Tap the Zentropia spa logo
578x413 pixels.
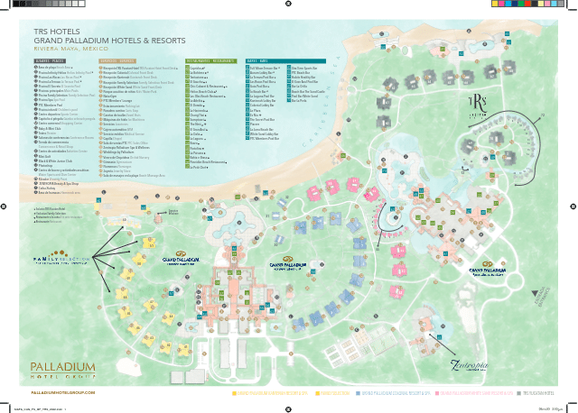click(x=471, y=367)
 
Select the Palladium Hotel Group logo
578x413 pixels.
click(x=61, y=370)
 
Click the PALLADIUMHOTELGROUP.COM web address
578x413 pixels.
click(x=63, y=393)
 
